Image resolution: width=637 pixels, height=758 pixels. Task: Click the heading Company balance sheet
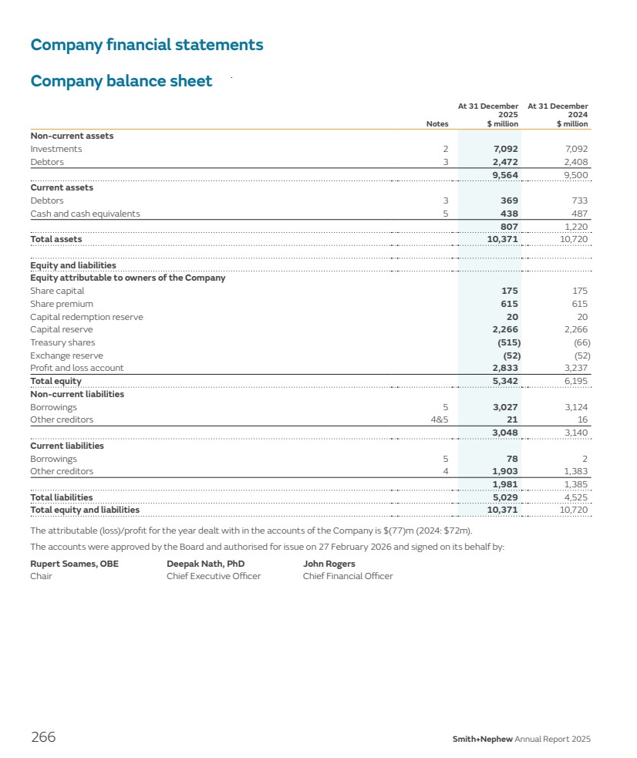click(121, 81)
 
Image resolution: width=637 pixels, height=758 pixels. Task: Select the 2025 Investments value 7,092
click(505, 149)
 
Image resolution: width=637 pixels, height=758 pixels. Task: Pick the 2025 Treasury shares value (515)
click(505, 342)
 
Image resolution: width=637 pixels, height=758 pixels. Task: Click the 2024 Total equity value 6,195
click(575, 381)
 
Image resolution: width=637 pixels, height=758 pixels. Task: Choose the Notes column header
click(437, 123)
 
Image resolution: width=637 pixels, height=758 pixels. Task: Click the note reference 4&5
click(439, 419)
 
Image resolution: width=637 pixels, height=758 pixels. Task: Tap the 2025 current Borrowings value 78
click(511, 459)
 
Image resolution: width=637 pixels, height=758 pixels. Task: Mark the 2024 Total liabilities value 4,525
click(575, 497)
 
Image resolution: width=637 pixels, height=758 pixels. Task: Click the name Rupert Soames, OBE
click(74, 564)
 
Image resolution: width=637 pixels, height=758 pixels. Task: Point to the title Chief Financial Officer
click(348, 576)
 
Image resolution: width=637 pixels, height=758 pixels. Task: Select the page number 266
click(43, 737)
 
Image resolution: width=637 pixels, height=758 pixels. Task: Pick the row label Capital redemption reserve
click(86, 317)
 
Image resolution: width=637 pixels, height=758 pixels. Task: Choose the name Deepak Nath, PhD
click(205, 564)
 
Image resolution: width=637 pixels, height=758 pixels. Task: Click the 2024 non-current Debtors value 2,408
click(575, 162)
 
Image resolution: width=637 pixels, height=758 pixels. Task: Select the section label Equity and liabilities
click(73, 265)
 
